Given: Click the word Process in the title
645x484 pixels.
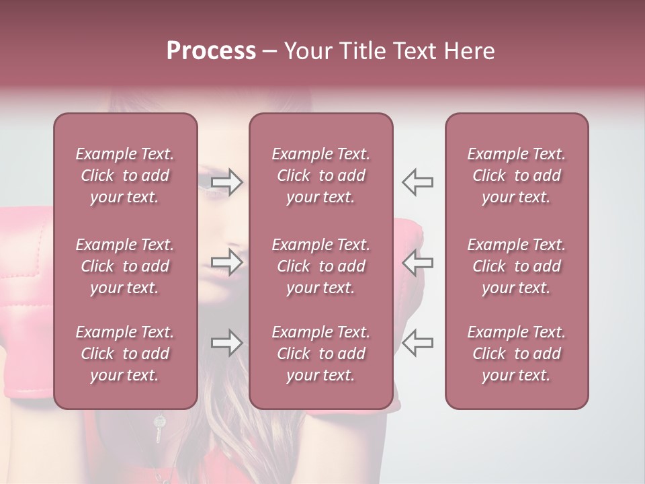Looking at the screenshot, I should [x=211, y=51].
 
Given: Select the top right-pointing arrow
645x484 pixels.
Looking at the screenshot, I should [x=227, y=182].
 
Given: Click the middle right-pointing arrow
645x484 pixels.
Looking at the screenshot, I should [x=227, y=262].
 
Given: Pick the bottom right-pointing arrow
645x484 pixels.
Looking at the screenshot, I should [x=227, y=343].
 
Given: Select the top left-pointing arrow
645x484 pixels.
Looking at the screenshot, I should [x=417, y=182].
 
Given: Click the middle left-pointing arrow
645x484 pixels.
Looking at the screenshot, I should [x=417, y=262].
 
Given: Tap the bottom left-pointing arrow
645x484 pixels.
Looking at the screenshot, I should [x=417, y=343].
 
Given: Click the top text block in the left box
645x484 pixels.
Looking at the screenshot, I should [x=125, y=175].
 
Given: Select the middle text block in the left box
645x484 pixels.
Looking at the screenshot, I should [x=125, y=266].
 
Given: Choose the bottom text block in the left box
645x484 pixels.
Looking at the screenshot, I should [x=125, y=354].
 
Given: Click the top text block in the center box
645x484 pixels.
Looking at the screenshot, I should [x=321, y=175].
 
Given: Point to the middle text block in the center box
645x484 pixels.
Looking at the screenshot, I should [x=321, y=266].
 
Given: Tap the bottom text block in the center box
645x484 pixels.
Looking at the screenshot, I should [x=321, y=354].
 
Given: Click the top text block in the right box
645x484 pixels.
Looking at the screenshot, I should [x=517, y=175].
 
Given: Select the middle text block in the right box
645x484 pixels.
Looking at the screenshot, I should [x=517, y=266].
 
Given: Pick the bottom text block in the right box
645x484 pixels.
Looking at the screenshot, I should [x=517, y=354].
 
